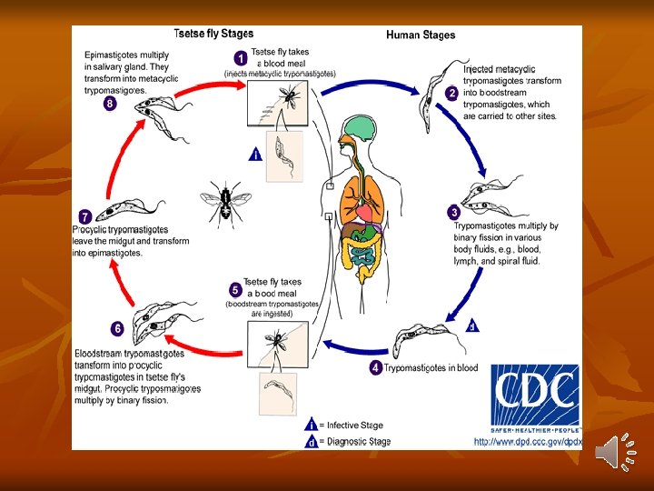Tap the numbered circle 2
pyautogui.click(x=451, y=94)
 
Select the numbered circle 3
pyautogui.click(x=454, y=212)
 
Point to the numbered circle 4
pyautogui.click(x=375, y=367)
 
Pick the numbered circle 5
pyautogui.click(x=235, y=290)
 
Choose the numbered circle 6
pyautogui.click(x=117, y=327)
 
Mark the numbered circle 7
pyautogui.click(x=84, y=216)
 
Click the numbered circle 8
pyautogui.click(x=110, y=103)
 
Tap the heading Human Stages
pyautogui.click(x=421, y=35)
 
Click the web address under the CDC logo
pyautogui.click(x=527, y=442)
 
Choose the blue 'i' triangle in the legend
pyautogui.click(x=312, y=425)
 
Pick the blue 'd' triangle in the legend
pyautogui.click(x=312, y=442)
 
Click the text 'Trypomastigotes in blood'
pyautogui.click(x=431, y=368)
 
